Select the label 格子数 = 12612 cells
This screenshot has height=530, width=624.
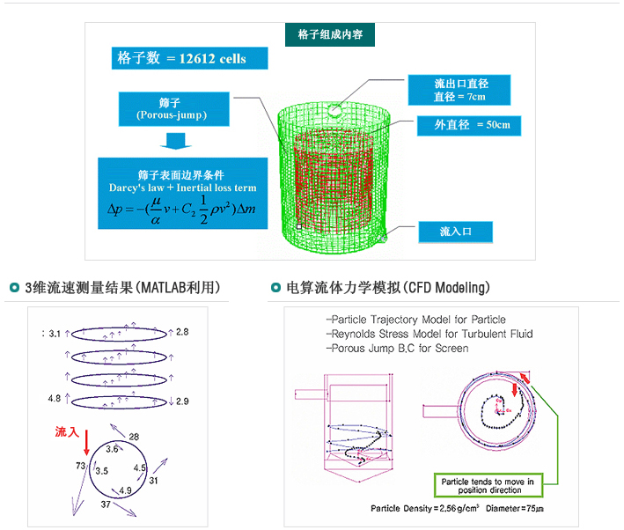pos(182,59)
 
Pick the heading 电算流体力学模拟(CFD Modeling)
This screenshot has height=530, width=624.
pos(388,288)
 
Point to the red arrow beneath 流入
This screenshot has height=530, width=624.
pos(86,441)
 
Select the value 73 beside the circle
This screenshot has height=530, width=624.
pos(79,464)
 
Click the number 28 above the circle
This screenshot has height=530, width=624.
pos(134,437)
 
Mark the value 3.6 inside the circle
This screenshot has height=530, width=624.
pos(113,449)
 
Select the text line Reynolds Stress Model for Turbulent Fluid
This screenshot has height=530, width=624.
pos(429,334)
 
